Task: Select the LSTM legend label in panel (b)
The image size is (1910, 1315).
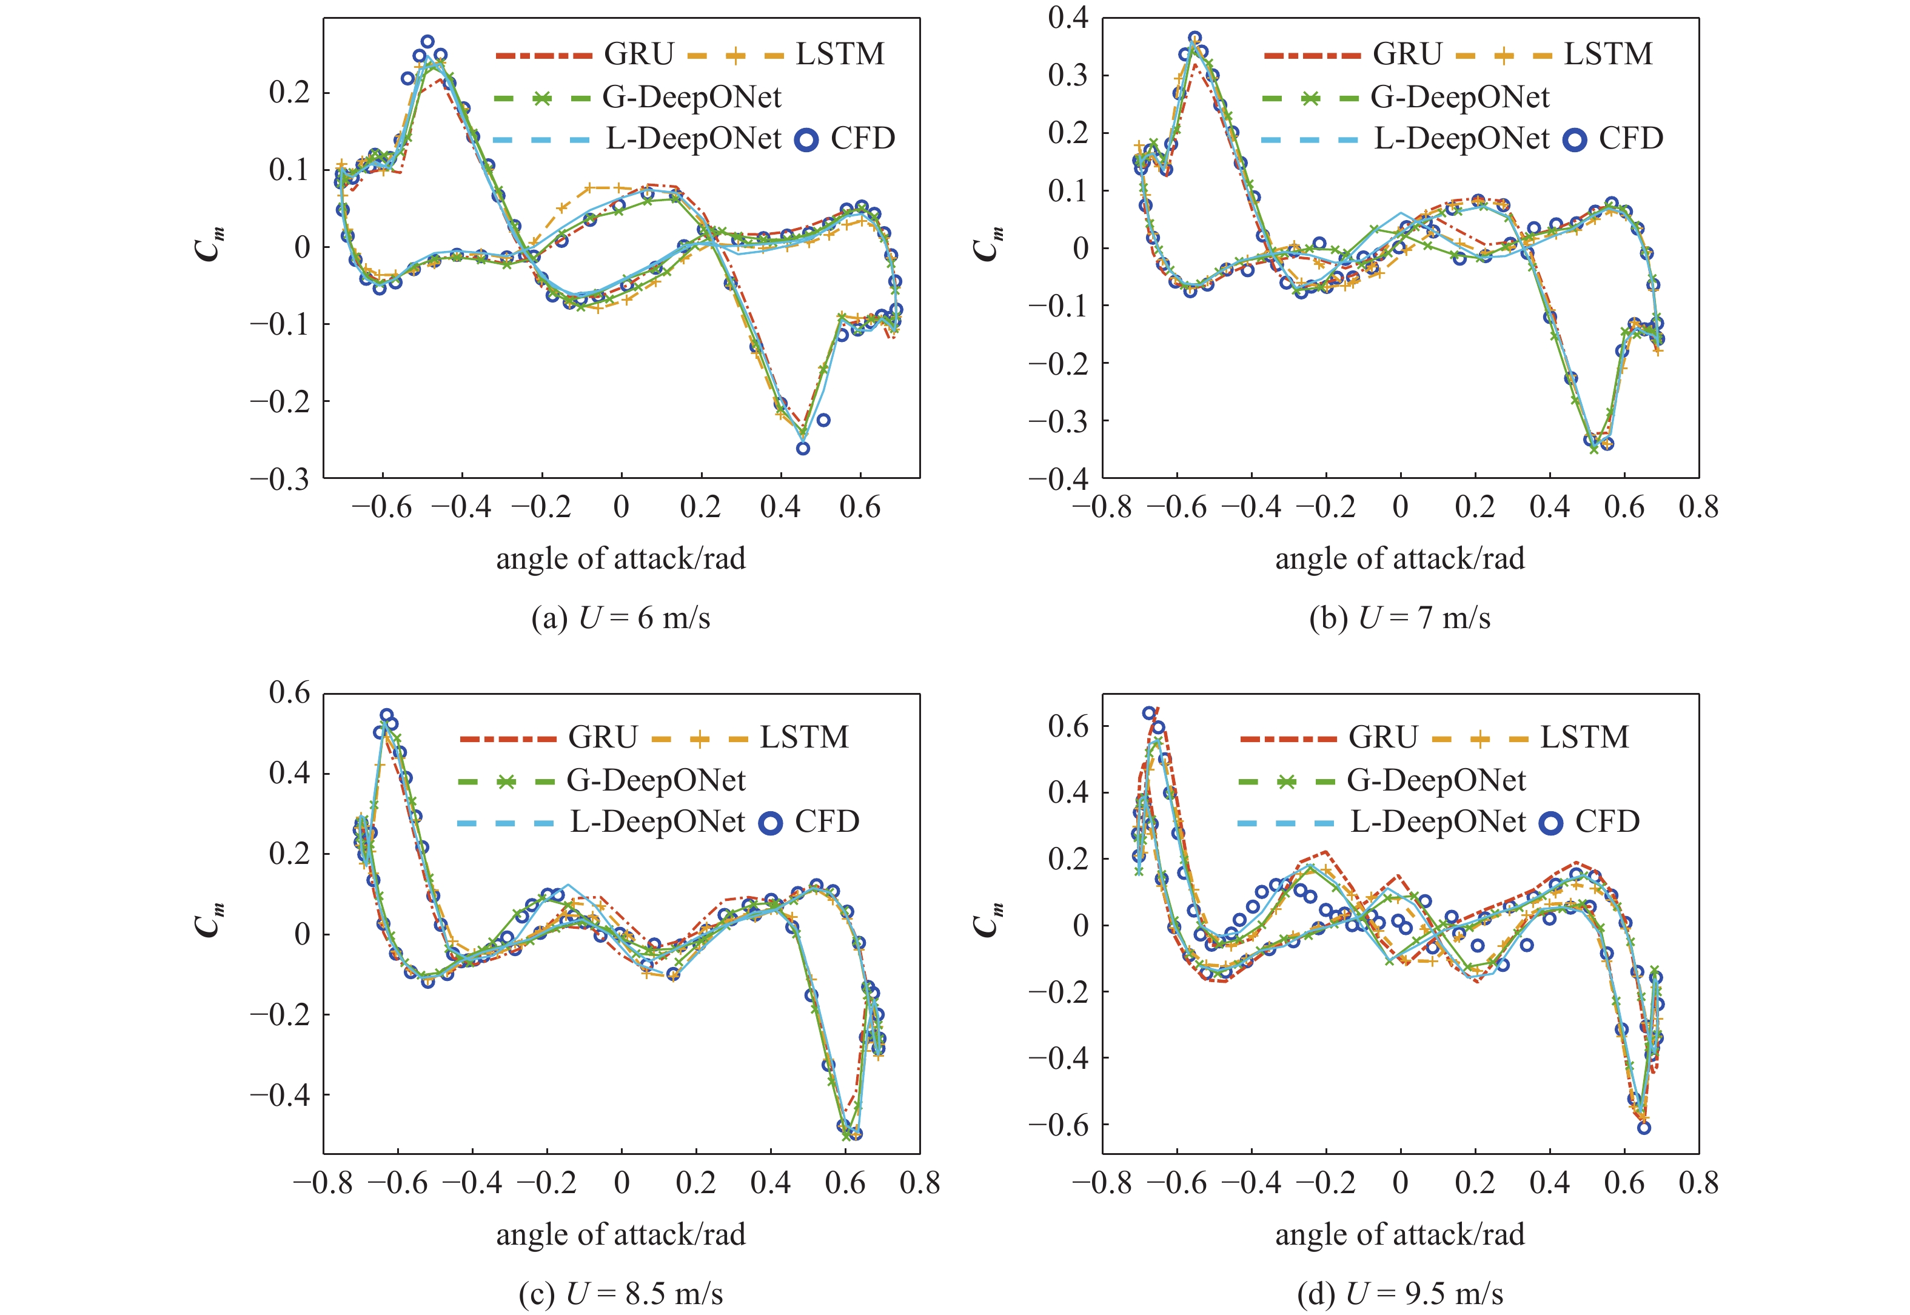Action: pos(1607,55)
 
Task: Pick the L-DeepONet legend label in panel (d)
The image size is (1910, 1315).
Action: pos(1438,821)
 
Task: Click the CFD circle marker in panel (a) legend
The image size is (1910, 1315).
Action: pos(806,139)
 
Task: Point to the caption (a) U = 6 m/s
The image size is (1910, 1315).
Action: pos(620,618)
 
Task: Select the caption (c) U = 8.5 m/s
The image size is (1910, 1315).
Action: pos(620,1294)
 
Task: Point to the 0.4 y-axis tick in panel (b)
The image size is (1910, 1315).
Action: pos(1068,18)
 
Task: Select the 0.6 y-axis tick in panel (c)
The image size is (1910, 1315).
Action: pos(289,693)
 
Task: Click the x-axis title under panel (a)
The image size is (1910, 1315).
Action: pos(620,558)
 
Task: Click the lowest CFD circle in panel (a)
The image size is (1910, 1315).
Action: pos(803,448)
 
